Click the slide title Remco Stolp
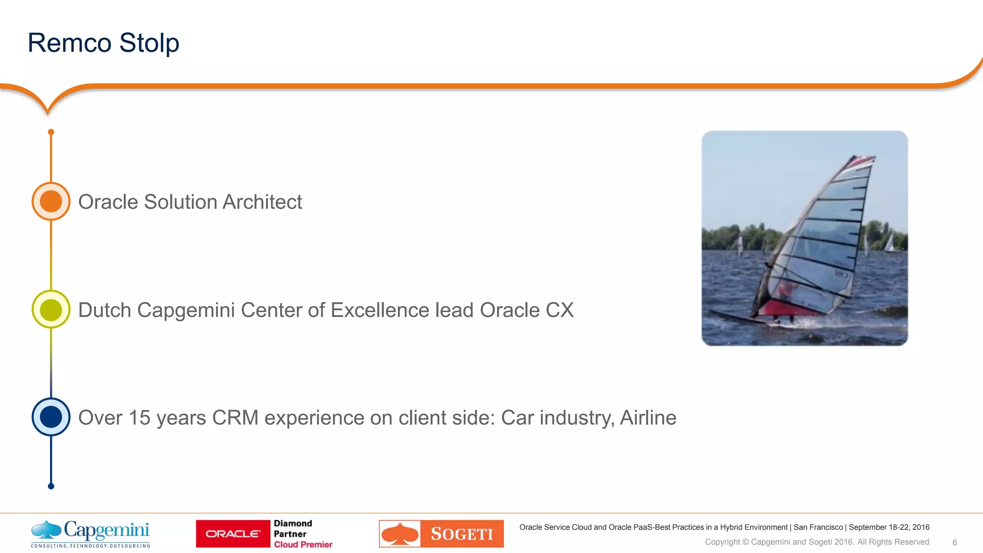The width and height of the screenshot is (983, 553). [103, 43]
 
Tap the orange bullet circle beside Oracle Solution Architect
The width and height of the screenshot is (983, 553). [51, 201]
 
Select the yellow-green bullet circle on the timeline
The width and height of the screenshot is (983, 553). [51, 310]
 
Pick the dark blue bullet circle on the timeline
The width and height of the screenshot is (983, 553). [51, 417]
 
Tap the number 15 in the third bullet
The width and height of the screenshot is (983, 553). [140, 418]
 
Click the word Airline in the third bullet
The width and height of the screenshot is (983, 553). [648, 418]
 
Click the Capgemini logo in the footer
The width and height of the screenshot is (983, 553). [91, 533]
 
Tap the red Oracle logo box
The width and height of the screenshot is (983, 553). [233, 534]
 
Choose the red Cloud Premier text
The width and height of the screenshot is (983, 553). [303, 544]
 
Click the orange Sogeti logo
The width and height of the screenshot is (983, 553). [441, 534]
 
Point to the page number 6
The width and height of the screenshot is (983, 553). [955, 542]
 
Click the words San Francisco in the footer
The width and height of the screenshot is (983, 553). [818, 527]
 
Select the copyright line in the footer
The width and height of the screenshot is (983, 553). [817, 542]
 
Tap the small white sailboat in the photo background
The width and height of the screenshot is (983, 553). [889, 242]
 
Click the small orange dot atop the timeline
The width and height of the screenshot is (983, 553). [51, 132]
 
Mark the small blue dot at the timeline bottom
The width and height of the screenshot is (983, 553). [51, 486]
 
